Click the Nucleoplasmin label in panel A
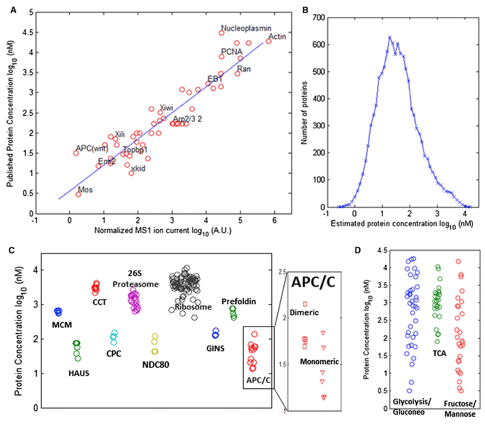(x=246, y=28)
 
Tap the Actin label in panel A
(x=277, y=37)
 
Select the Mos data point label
(x=86, y=190)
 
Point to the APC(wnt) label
(x=92, y=149)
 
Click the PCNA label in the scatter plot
(x=232, y=52)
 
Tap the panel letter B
(x=305, y=10)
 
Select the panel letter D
(x=358, y=250)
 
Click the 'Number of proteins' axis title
(x=304, y=113)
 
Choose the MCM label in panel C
(x=62, y=325)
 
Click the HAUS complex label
(x=79, y=373)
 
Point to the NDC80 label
(x=156, y=365)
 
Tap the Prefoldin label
(x=239, y=302)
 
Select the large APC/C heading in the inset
(x=313, y=282)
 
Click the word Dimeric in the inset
(x=304, y=312)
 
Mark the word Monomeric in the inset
(x=319, y=362)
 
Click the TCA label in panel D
(x=439, y=353)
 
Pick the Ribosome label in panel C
(x=193, y=307)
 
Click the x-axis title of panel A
(x=163, y=231)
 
